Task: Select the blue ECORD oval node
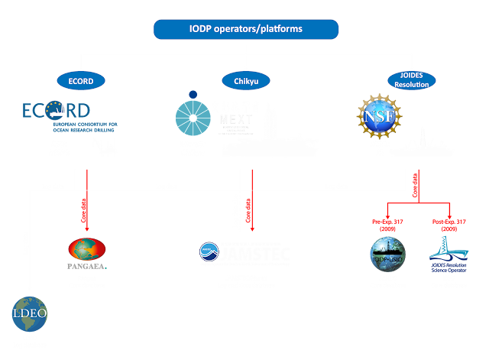(81, 80)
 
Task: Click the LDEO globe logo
(29, 313)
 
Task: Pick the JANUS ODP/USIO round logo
(387, 255)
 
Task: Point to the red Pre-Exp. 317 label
(387, 223)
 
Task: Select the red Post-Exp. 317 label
(449, 223)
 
